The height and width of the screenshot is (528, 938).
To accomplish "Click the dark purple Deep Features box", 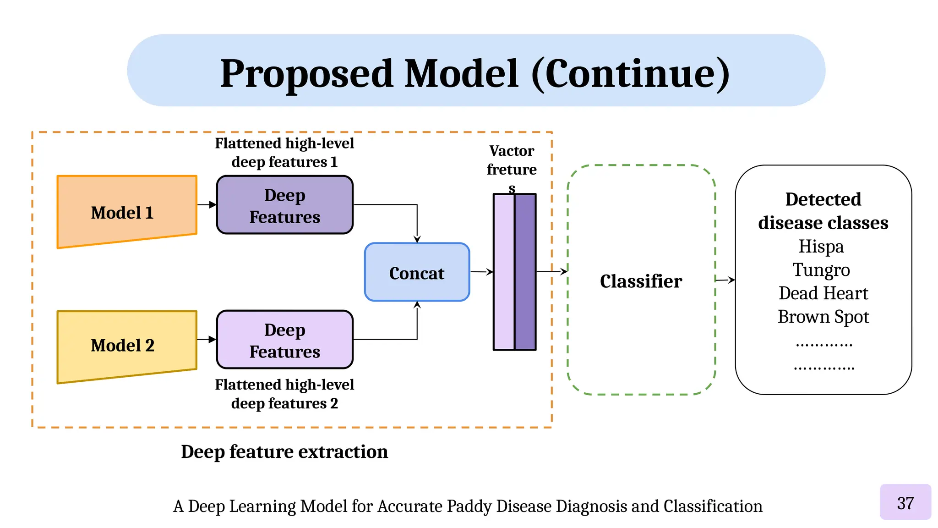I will pos(284,205).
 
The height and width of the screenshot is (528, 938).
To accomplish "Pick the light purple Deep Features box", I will pos(284,340).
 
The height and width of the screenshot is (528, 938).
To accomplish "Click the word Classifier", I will pos(641,281).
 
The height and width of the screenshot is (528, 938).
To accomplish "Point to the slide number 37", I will pos(905,503).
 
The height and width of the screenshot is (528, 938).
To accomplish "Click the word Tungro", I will pos(821,270).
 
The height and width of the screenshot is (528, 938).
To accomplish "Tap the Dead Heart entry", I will pos(823,293).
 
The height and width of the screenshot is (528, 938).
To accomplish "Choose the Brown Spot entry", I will pos(823,317).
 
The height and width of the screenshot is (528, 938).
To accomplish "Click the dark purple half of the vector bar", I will pos(525,272).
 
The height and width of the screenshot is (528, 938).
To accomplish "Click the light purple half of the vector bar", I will pos(504,272).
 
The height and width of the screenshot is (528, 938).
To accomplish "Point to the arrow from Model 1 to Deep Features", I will pos(207,204).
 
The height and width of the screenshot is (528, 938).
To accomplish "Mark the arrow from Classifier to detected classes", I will pos(725,280).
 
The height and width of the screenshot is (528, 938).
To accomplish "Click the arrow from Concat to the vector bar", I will pos(481,272).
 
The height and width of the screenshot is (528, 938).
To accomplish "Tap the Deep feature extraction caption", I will pos(284,451).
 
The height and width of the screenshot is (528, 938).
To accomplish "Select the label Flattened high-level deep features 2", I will pos(284,394).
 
